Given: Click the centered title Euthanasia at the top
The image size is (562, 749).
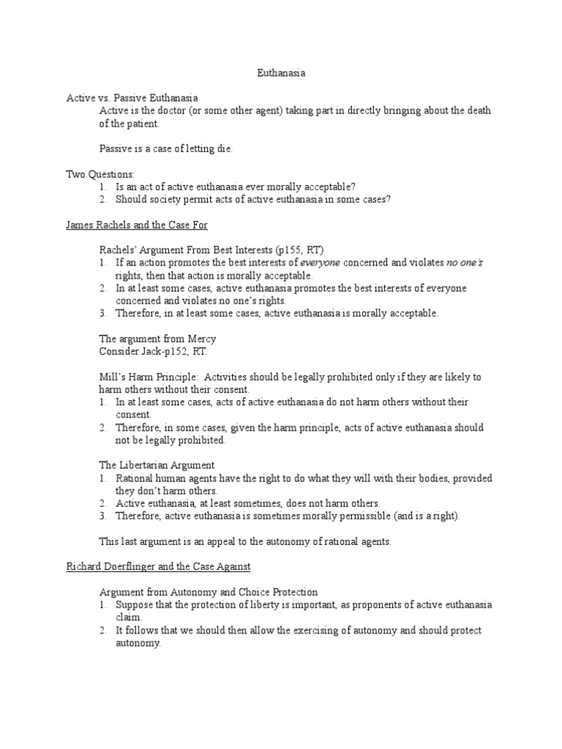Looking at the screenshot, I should (280, 73).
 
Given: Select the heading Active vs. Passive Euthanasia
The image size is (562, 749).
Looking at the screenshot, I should (132, 97).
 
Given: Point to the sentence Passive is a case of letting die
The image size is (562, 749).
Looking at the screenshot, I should (165, 148).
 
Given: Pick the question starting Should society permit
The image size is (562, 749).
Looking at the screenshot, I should (253, 199).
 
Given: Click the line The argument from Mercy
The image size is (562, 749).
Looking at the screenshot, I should (157, 339).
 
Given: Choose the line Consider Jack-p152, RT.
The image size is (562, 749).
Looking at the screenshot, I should (153, 352).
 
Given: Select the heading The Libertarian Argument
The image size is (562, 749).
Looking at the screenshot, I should (157, 465).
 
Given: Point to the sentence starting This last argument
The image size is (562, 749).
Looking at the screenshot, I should (245, 542).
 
